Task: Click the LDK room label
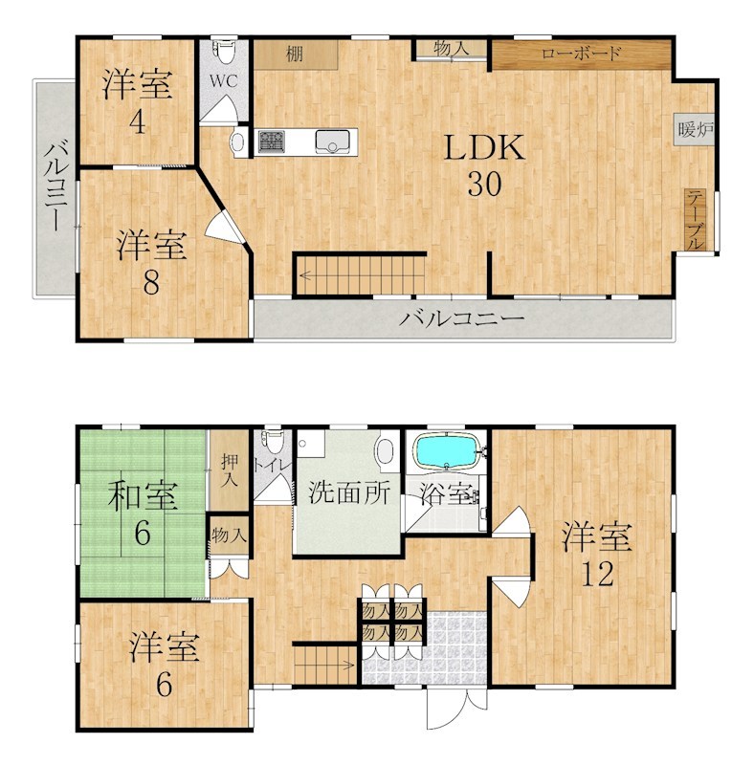click(484, 148)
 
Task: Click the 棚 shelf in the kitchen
click(295, 55)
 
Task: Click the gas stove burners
click(269, 142)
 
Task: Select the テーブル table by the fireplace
click(696, 219)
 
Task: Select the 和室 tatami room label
click(142, 497)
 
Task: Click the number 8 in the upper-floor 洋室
click(150, 281)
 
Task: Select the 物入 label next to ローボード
click(450, 48)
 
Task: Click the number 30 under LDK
click(484, 185)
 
